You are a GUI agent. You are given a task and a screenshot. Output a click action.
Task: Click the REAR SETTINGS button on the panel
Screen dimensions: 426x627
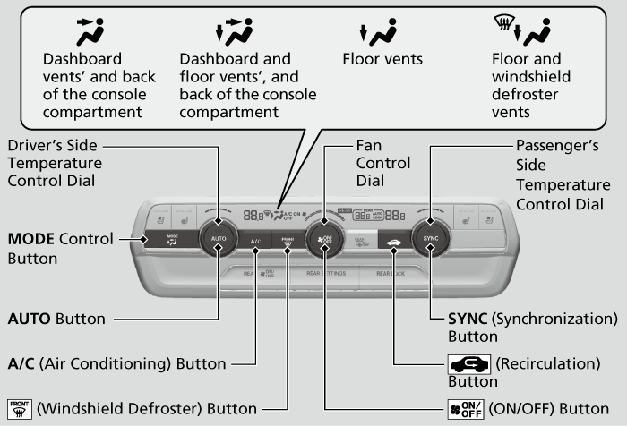click(325, 273)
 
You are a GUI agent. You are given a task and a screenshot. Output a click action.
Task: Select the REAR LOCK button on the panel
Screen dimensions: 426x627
click(391, 273)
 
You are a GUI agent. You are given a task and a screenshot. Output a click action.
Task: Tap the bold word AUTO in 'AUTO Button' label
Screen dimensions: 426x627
click(30, 319)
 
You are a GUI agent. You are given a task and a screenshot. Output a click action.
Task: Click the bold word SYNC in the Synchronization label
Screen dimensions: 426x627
click(466, 319)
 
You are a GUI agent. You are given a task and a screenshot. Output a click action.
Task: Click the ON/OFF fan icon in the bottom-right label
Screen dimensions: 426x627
click(465, 409)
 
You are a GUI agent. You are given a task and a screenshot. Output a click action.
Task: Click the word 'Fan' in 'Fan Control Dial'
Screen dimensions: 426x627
click(369, 145)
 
